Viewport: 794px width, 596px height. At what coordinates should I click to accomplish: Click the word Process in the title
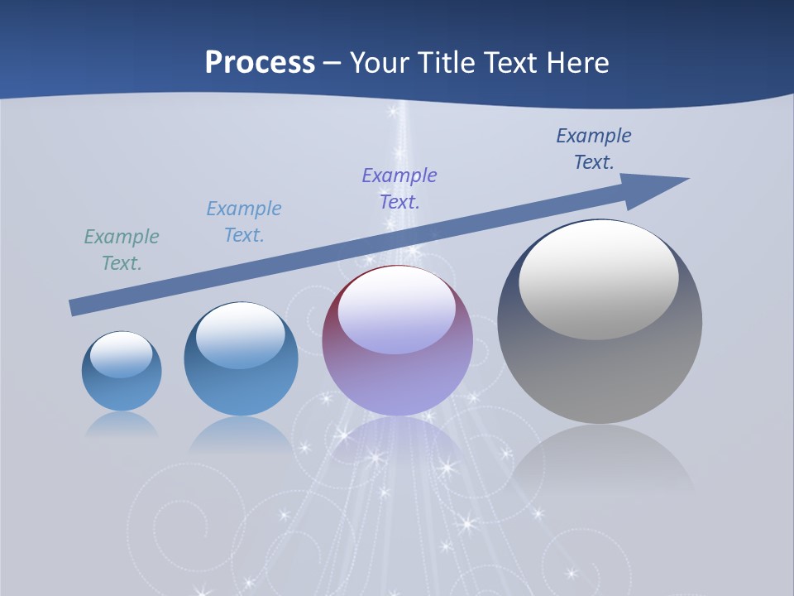[260, 63]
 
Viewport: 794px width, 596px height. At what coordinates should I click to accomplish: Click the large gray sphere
[600, 364]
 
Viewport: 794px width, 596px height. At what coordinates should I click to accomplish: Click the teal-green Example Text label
[122, 250]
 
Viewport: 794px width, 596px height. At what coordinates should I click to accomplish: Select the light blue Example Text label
[244, 222]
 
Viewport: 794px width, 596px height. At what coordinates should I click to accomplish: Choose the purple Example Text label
[399, 188]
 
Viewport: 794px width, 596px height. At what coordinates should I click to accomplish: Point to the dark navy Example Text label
[594, 149]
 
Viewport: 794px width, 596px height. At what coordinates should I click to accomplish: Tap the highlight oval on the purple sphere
[397, 310]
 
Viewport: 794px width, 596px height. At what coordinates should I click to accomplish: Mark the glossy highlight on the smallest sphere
[122, 354]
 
